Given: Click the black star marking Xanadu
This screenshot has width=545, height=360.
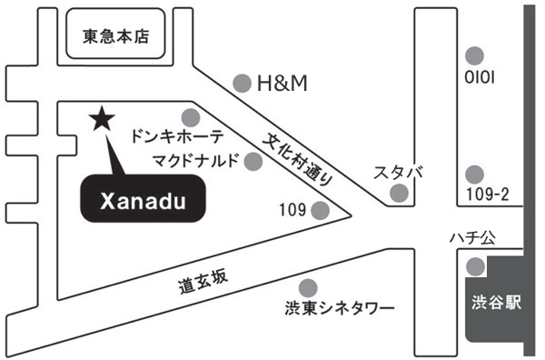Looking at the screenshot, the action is click(102, 118).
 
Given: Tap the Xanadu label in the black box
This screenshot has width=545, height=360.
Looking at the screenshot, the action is click(144, 202).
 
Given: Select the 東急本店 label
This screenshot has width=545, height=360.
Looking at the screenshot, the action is click(115, 36).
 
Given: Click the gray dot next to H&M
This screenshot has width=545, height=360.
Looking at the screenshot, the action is click(242, 84).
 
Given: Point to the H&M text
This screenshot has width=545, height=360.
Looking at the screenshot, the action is click(282, 84).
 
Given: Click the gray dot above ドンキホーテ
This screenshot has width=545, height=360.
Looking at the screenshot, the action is click(191, 118).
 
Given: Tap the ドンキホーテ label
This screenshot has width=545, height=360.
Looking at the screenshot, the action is click(177, 136).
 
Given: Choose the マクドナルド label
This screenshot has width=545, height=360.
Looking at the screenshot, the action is click(196, 160).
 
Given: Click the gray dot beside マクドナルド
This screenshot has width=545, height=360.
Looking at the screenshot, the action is click(253, 162).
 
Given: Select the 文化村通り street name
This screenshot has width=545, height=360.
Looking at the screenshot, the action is click(298, 159).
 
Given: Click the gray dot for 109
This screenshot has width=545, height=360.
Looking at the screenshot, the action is click(320, 210).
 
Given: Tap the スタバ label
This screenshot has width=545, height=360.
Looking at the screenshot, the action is click(399, 173).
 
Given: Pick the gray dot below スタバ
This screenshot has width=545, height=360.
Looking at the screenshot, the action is click(399, 193).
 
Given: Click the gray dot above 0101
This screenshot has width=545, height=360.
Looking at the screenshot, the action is click(474, 55).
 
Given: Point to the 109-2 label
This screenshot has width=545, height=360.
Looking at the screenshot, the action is click(487, 194).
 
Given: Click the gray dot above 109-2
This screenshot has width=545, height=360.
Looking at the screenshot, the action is click(474, 175).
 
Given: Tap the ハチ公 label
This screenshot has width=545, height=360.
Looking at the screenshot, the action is click(472, 238).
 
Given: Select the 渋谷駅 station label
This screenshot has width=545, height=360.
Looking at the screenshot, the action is click(496, 302).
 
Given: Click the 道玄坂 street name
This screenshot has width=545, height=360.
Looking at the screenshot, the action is click(203, 282).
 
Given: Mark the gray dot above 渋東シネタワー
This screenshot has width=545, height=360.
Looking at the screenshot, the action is click(308, 288).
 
